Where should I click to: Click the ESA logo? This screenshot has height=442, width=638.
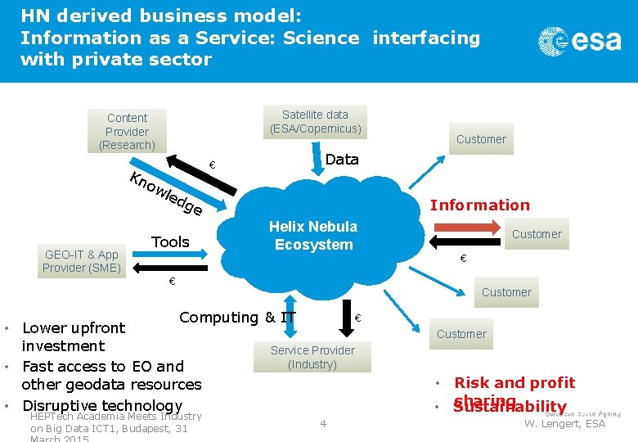pos(579,40)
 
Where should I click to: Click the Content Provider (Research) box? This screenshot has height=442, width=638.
pos(127,131)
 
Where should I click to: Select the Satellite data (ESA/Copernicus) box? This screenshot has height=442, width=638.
pos(315,122)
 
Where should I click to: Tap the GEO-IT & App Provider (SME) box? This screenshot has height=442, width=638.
pos(81,261)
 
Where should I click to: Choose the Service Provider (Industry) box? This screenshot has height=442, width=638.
pos(312,357)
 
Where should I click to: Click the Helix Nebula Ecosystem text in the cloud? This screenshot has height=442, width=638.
pos(313,236)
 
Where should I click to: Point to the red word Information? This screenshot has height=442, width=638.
pos(480,205)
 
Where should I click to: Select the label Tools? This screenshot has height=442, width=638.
pos(170,241)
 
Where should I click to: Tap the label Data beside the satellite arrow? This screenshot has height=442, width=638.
pos(342,159)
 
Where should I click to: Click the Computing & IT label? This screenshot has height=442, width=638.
pos(237,317)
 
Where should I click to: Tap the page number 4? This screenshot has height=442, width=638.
pos(323,423)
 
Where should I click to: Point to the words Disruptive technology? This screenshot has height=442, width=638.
pos(102,405)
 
